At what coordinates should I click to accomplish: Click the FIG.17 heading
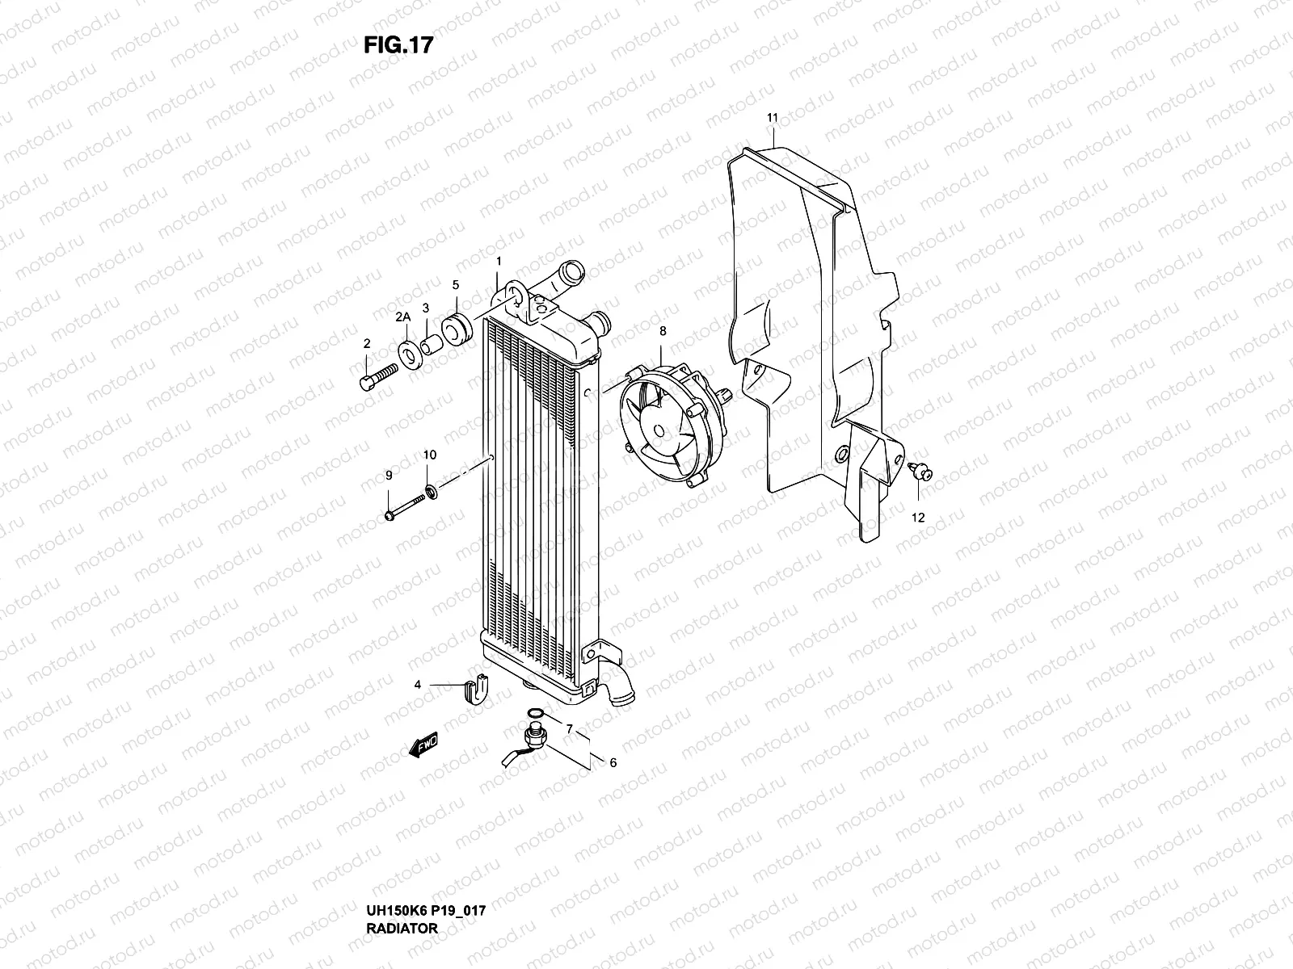[398, 45]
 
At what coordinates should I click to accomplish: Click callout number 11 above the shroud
[772, 118]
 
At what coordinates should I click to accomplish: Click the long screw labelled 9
[406, 508]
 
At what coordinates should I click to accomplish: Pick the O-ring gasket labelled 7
[534, 713]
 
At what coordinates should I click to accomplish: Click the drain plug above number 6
[534, 737]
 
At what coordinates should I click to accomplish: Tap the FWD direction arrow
[423, 745]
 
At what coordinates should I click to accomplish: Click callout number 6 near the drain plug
[613, 762]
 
